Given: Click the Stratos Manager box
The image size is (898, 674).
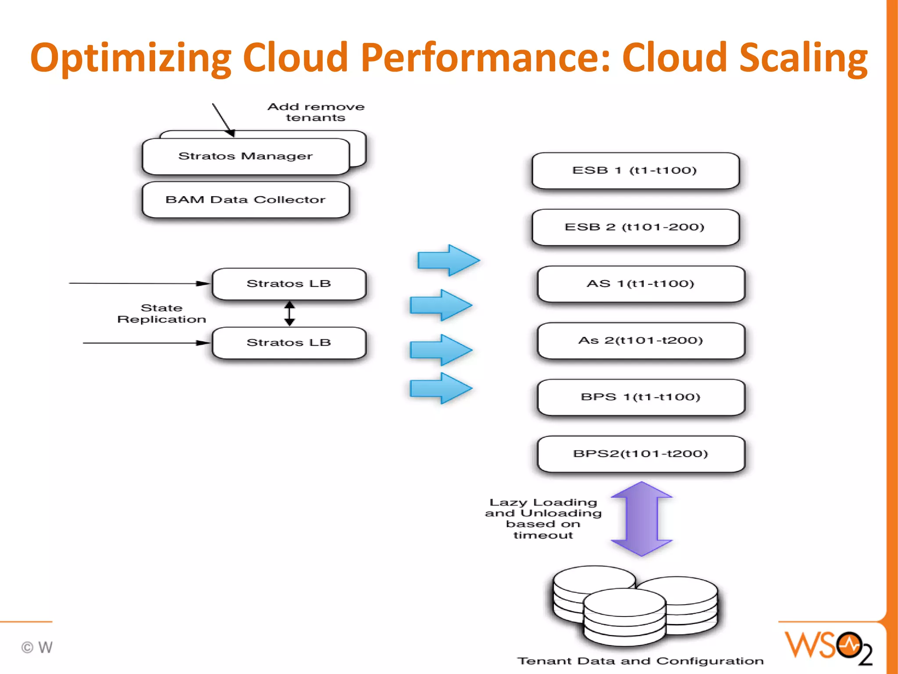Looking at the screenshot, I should click(x=246, y=156).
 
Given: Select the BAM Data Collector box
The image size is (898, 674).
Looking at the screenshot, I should click(x=246, y=200).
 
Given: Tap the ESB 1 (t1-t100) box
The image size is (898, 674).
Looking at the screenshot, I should click(x=635, y=170).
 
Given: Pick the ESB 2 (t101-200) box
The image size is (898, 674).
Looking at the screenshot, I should click(x=635, y=227).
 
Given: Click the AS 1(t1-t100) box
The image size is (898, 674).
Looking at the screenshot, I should click(x=641, y=283).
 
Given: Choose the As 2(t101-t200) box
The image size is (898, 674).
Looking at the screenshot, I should click(x=641, y=341).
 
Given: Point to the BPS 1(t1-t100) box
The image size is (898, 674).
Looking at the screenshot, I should click(x=641, y=397).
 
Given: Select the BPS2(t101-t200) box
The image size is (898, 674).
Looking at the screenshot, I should click(x=641, y=454).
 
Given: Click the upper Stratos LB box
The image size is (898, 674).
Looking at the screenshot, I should click(x=289, y=284).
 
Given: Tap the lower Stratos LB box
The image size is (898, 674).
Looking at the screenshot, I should click(x=289, y=343).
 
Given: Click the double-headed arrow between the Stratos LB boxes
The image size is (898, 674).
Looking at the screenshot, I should click(x=289, y=313).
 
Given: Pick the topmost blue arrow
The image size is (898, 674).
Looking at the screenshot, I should click(x=448, y=260).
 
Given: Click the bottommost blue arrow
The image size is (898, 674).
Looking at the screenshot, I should click(x=441, y=388).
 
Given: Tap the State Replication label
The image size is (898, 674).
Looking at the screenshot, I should click(x=161, y=313).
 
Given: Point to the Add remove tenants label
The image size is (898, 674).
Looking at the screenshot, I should click(x=316, y=112).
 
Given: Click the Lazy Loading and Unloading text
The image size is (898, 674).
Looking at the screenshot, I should click(x=543, y=518).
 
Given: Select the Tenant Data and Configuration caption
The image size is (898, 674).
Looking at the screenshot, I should click(x=640, y=661).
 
